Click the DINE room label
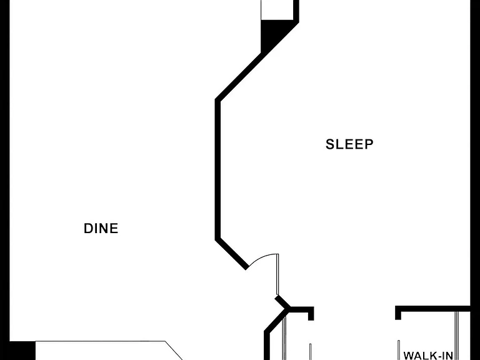click(x=101, y=228)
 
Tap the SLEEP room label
click(x=349, y=144)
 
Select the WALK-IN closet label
click(x=428, y=356)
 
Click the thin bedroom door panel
click(x=277, y=274)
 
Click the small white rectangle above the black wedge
click(x=277, y=10)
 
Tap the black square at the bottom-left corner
click(x=22, y=351)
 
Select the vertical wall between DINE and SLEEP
click(x=217, y=169)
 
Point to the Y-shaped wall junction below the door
click(x=286, y=307)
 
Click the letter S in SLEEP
click(x=330, y=144)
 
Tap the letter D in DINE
click(x=88, y=228)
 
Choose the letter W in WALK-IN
click(x=409, y=356)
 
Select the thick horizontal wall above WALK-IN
click(x=432, y=309)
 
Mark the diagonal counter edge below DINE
click(x=174, y=351)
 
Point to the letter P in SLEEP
click(x=369, y=144)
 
